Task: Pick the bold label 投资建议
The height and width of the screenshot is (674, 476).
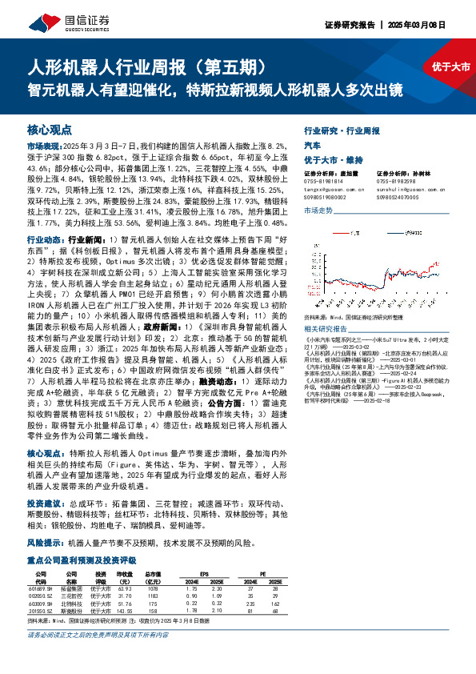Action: coord(43,504)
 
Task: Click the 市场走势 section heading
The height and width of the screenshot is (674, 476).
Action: coord(318,211)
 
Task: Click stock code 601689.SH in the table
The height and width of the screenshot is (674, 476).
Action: coord(42,588)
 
